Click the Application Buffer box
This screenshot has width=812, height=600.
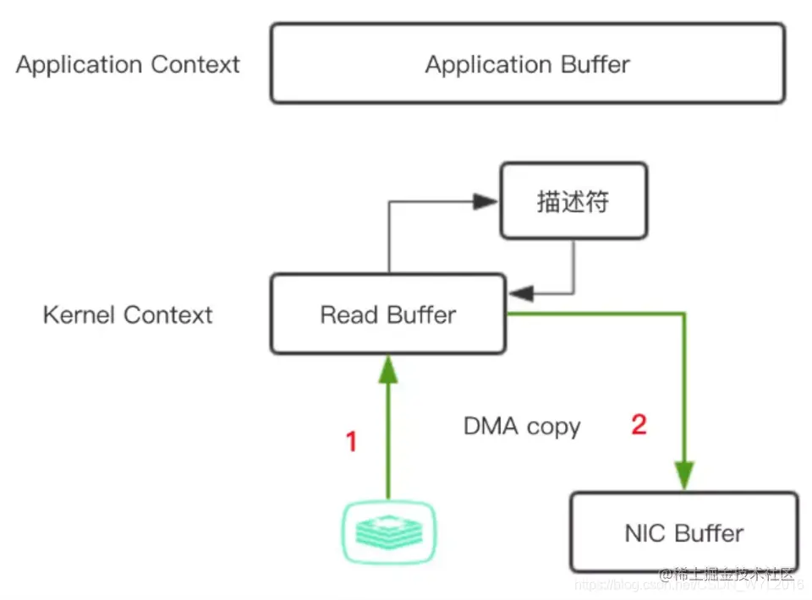pos(527,64)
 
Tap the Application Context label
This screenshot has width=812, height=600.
pos(128,64)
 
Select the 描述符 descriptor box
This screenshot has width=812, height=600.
pos(573,202)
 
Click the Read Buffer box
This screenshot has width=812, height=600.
pos(387,315)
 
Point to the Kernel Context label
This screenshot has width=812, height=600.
pos(128,315)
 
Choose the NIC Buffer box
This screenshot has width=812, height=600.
pos(683,533)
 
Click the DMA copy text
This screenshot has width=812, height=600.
pos(522,425)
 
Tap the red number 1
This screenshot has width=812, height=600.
pos(351,441)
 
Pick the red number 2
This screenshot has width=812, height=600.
pos(639,424)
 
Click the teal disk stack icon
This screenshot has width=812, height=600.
pos(388,532)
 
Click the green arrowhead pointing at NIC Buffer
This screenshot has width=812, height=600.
pos(684,474)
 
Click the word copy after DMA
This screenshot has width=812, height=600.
pos(553,426)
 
